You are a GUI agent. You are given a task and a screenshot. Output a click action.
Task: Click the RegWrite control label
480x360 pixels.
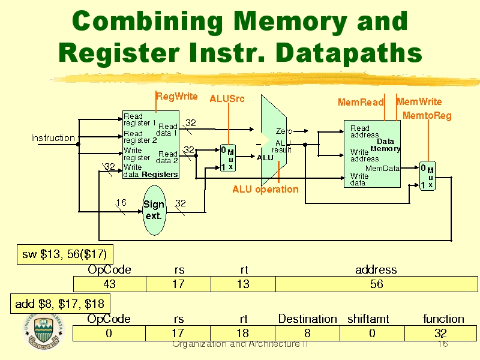(177, 96)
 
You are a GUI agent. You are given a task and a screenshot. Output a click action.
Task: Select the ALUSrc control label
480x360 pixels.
(227, 98)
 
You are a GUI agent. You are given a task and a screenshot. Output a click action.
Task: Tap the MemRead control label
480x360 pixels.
(360, 103)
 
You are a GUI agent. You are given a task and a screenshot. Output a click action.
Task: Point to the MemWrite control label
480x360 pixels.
(419, 102)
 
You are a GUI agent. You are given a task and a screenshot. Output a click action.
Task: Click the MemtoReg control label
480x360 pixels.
(427, 115)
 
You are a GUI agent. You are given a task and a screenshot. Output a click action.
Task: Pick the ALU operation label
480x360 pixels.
(265, 190)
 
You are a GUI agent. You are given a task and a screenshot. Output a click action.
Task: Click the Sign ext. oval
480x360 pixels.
(154, 210)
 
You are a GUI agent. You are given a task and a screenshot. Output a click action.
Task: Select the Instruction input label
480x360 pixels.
(53, 138)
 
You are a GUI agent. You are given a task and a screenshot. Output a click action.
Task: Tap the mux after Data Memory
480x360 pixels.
(427, 176)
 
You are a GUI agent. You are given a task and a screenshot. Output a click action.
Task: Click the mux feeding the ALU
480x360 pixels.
(227, 158)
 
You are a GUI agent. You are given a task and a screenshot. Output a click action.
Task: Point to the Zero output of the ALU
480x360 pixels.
(284, 131)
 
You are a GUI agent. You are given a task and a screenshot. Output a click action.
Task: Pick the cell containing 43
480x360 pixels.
(110, 284)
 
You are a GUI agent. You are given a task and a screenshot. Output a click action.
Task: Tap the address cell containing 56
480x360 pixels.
(376, 284)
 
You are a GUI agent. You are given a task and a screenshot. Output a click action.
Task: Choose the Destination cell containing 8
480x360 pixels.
(307, 333)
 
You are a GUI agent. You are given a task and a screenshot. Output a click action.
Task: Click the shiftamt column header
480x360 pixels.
(368, 319)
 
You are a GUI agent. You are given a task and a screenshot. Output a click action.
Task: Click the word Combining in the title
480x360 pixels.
(147, 23)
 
